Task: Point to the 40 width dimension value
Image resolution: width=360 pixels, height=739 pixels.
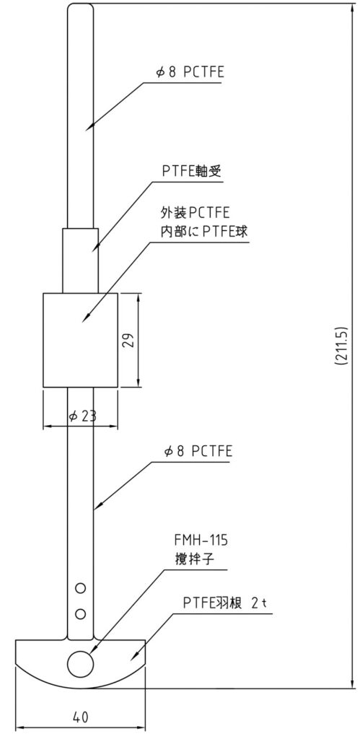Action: [81, 717]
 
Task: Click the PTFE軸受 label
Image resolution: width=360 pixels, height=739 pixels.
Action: [192, 172]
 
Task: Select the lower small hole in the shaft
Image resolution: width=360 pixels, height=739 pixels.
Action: [81, 613]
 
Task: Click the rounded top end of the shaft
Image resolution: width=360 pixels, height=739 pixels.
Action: [81, 6]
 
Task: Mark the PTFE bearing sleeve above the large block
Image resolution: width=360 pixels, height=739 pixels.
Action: [81, 261]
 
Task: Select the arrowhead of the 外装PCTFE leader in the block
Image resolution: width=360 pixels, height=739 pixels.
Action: [82, 323]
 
